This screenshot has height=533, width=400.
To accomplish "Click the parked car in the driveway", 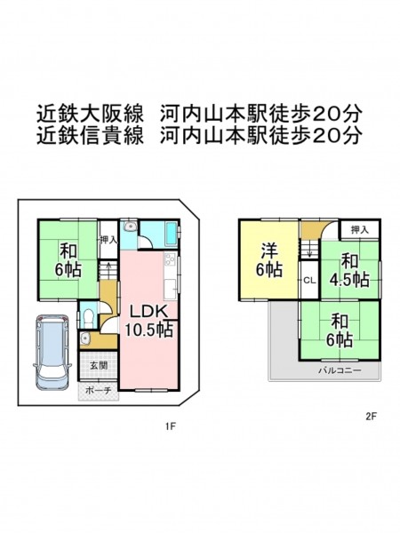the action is point(52,352).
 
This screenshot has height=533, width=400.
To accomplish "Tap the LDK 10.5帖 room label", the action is point(148,321).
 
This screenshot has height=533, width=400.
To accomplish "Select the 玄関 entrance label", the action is point(99,365).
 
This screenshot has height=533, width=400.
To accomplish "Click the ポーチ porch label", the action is point(99,391).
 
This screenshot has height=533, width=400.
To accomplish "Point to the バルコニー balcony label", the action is point(340,370).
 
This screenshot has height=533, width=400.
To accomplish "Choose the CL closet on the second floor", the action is point(310,281).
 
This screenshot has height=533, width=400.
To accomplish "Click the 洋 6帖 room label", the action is point(269,260).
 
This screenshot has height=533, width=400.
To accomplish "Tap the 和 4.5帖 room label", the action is point(349,271).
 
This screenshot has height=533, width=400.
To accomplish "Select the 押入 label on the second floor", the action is point(360,230).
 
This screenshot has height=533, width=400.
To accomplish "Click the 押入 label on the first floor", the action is point(108,240).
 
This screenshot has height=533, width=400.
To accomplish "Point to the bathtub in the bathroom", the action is point(171,234).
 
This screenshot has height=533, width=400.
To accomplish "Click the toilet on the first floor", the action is point(88,318).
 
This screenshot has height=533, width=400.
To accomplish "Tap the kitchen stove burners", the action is point(169,260).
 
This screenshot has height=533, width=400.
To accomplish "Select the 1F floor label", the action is point(171,426).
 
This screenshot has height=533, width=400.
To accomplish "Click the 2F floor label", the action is point(372,416).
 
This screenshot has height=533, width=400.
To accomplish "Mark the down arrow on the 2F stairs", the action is point(310,254).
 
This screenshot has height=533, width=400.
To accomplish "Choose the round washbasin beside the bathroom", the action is point(129,227).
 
